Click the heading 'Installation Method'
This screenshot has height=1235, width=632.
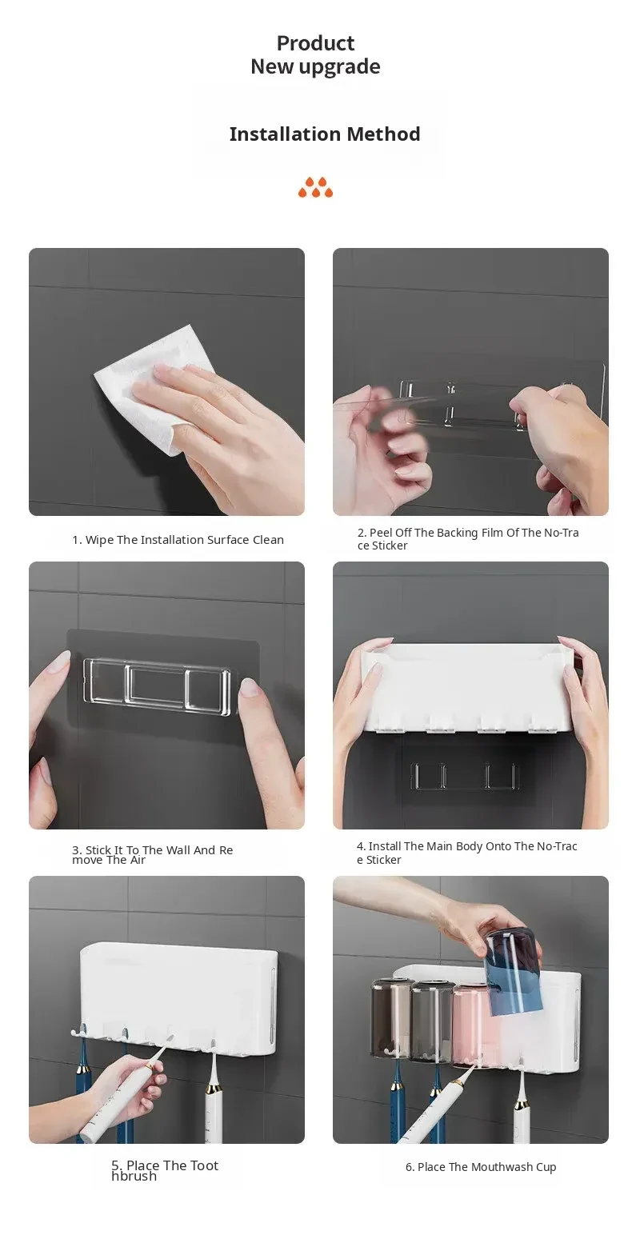tap(324, 134)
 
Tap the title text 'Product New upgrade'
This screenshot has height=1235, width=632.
tap(315, 54)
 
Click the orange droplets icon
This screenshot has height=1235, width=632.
tap(315, 187)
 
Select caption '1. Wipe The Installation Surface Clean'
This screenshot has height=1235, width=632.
tap(178, 540)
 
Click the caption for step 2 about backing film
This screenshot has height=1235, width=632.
tap(468, 538)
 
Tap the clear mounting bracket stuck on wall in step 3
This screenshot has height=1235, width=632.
tap(157, 688)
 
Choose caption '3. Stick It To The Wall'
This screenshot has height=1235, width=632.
tap(152, 854)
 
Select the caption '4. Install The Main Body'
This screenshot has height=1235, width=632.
tap(466, 853)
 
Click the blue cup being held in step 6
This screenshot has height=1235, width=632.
tap(513, 969)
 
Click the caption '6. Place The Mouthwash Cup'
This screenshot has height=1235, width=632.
tap(481, 1167)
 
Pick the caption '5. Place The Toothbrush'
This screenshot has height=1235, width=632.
tap(164, 1170)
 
